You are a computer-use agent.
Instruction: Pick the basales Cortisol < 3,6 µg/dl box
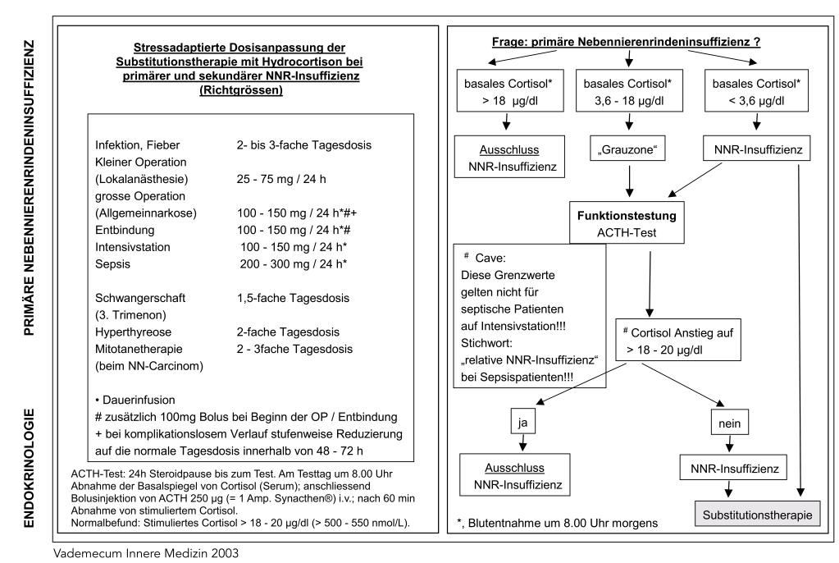pos(754,92)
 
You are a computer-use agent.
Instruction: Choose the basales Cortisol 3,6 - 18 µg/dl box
pos(629,92)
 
